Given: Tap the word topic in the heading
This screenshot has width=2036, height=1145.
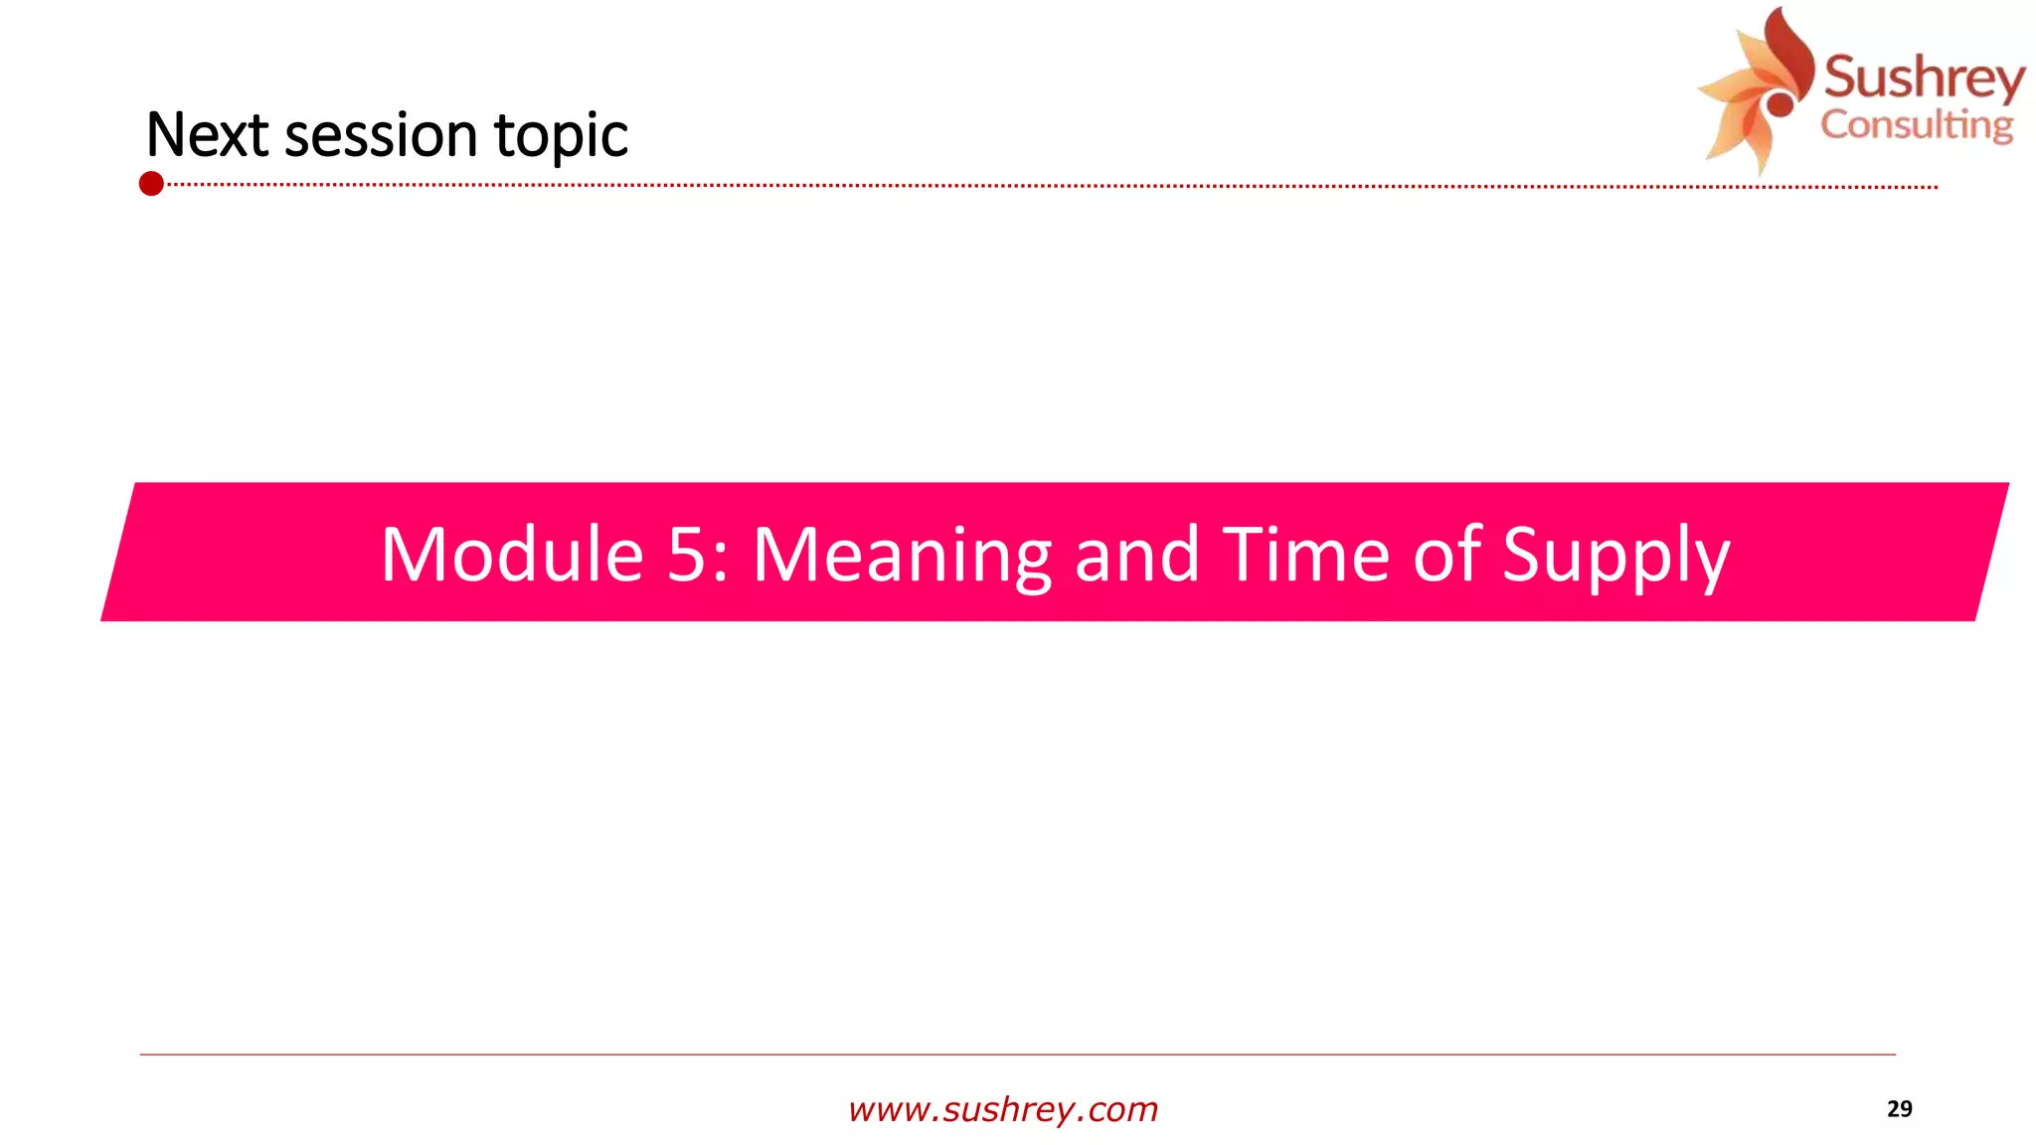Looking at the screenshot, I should [x=561, y=137].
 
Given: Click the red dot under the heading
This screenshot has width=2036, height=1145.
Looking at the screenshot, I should [x=151, y=184].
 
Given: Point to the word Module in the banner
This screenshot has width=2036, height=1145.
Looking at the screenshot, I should [x=511, y=555].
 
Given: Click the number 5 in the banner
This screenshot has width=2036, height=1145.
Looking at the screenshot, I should [x=686, y=555].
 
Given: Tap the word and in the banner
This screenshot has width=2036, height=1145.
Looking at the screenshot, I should [x=1136, y=555].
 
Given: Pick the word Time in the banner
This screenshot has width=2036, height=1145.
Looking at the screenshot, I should [x=1305, y=555].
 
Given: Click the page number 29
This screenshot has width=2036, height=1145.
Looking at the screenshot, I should [x=1899, y=1109].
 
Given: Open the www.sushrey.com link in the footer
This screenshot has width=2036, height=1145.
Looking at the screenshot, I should [x=1003, y=1109].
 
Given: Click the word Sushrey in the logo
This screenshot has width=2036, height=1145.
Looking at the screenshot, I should [x=1924, y=78].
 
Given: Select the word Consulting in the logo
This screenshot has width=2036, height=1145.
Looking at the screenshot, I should [x=1917, y=126].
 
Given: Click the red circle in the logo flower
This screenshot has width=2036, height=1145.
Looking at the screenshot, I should [x=1780, y=102].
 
